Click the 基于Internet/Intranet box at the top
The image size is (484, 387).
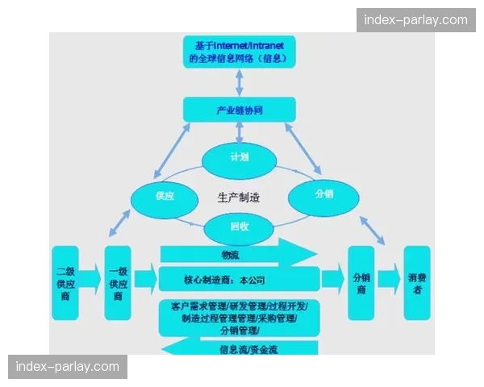[x=239, y=51]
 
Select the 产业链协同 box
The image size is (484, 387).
[x=239, y=110]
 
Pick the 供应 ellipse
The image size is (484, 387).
[x=165, y=196]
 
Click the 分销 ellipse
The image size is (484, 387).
[x=323, y=193]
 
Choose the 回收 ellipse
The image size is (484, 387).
[x=239, y=227]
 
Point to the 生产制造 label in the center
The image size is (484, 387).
[x=239, y=197]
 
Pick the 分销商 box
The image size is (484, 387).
[x=360, y=279]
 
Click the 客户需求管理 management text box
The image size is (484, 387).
[x=238, y=318]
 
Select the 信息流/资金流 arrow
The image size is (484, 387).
[x=240, y=348]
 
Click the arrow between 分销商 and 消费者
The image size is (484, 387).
[x=388, y=279]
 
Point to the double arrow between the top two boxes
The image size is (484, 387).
[x=239, y=81]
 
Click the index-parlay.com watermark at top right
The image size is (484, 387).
[x=415, y=19]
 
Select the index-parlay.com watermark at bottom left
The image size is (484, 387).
[x=68, y=368]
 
